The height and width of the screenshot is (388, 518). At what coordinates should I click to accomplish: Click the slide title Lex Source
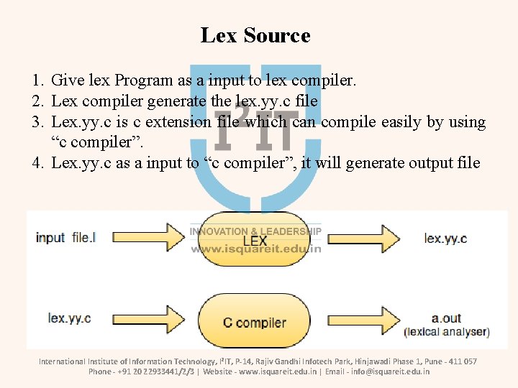255,35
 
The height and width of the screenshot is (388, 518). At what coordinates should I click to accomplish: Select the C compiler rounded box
255,323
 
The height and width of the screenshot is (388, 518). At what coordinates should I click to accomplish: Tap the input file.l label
65,238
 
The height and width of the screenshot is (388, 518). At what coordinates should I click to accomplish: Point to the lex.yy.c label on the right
445,238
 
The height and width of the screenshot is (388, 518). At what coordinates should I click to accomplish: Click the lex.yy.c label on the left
69,318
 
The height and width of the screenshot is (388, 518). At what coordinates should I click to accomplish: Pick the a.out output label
446,318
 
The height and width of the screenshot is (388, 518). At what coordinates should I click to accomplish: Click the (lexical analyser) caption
447,332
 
